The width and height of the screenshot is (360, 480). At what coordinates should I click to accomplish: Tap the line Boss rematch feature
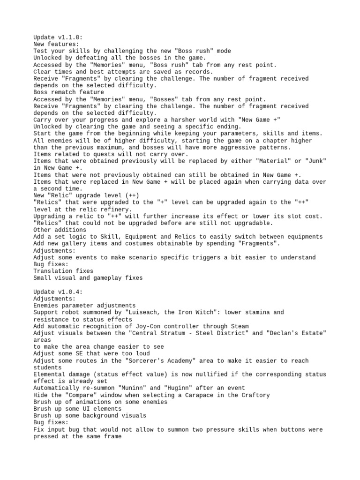click(69, 92)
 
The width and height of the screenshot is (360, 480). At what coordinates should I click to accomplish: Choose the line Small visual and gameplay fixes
click(88, 278)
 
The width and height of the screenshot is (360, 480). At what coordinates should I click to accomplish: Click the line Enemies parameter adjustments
click(84, 306)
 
